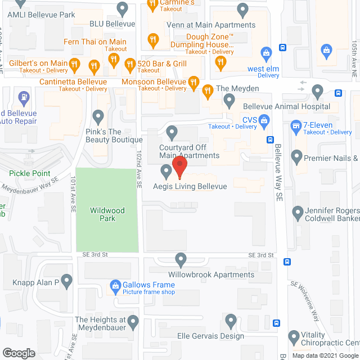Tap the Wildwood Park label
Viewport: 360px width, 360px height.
107,214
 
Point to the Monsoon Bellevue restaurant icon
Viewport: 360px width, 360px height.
193,82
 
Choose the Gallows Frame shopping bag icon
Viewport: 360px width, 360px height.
115,285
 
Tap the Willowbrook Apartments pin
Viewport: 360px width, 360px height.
181,259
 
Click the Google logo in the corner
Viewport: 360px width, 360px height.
18,353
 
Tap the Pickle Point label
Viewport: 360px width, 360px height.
29,174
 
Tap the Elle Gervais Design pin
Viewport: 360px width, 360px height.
230,321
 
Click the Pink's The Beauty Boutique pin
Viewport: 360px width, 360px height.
98,118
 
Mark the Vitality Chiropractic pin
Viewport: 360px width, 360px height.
292,337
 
